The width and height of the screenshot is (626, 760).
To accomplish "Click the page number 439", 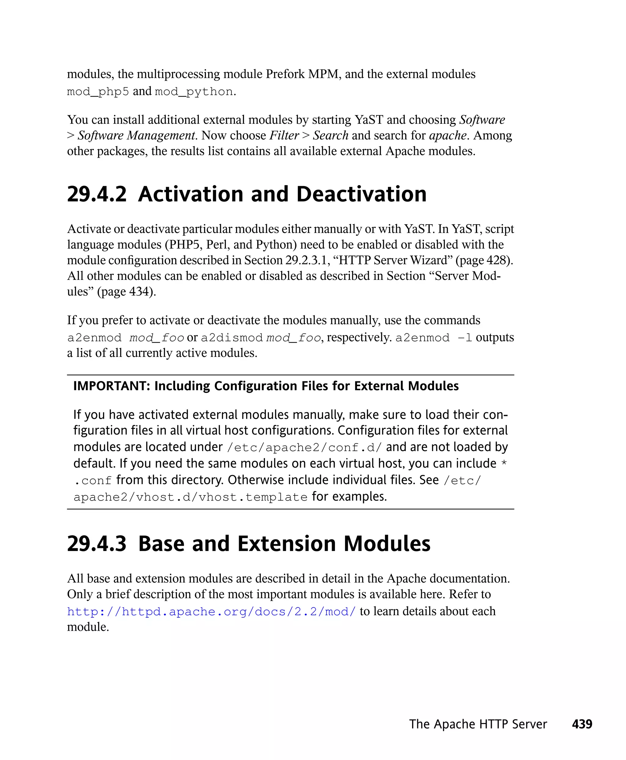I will coord(582,724).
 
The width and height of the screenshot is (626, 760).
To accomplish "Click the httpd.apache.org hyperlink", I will coord(211,611).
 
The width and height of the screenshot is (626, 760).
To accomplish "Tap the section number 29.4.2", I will coord(97,194).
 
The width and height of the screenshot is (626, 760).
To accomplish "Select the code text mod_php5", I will coord(98,92).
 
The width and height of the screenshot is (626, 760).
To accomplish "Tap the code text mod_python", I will coord(194,92).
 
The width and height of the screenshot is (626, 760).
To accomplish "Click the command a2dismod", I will coord(231,338).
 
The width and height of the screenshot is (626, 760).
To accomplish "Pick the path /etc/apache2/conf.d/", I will coord(304,447).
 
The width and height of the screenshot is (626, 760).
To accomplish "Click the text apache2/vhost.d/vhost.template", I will coord(190,497).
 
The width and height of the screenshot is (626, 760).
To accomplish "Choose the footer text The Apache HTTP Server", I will coord(478,724).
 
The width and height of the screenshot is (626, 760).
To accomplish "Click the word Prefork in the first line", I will coord(285,74).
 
